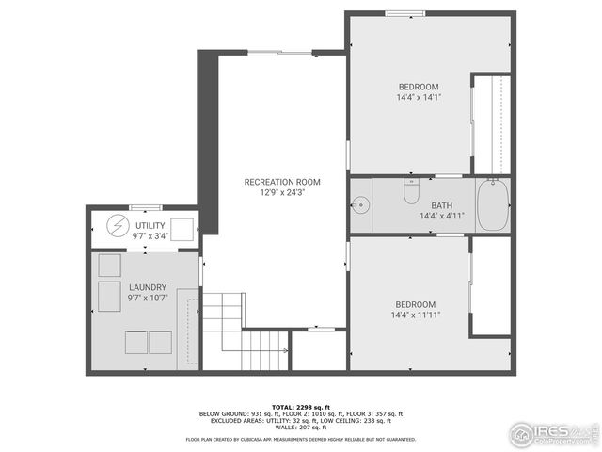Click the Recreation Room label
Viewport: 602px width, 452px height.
pyautogui.click(x=282, y=182)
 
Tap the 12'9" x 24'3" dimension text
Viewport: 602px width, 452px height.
pyautogui.click(x=282, y=192)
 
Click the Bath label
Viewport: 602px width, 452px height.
pyautogui.click(x=442, y=206)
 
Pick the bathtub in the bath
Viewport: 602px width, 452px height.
pyautogui.click(x=493, y=205)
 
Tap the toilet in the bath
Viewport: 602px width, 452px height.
pyautogui.click(x=410, y=191)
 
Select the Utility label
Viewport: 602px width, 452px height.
pyautogui.click(x=150, y=226)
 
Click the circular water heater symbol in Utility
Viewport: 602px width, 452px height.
pyautogui.click(x=117, y=227)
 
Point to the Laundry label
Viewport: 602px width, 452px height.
pyautogui.click(x=148, y=287)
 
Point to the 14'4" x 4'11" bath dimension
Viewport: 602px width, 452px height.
pyautogui.click(x=442, y=217)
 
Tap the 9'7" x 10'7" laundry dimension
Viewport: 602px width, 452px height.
pyautogui.click(x=148, y=298)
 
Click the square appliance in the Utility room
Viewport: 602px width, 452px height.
pyautogui.click(x=182, y=228)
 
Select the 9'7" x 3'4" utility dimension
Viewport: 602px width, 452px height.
pyautogui.click(x=150, y=236)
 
